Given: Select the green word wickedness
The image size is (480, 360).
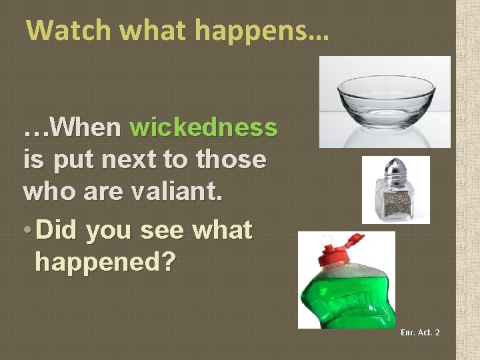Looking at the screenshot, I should click(204, 126).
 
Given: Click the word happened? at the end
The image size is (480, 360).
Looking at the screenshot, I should click(105, 263).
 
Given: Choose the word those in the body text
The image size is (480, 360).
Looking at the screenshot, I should click(232, 159).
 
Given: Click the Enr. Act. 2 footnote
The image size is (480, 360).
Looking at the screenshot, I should click(420, 332).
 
